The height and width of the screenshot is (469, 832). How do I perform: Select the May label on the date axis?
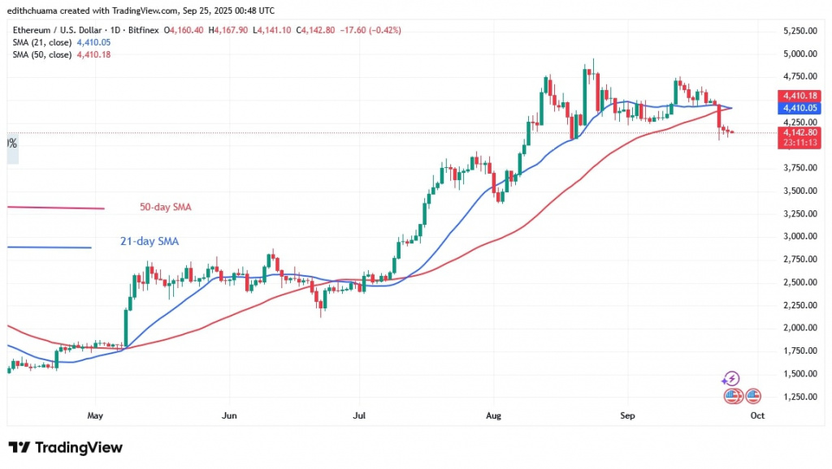point(95,415)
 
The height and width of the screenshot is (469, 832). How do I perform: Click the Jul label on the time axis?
point(358,415)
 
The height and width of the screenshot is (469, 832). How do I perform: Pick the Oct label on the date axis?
point(757,415)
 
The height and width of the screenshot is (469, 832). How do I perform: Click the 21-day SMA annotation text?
point(145,241)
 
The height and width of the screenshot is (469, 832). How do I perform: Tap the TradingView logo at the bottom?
point(65,448)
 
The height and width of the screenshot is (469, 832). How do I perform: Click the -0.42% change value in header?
point(385,30)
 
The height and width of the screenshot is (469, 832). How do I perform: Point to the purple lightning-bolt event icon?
point(730,379)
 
